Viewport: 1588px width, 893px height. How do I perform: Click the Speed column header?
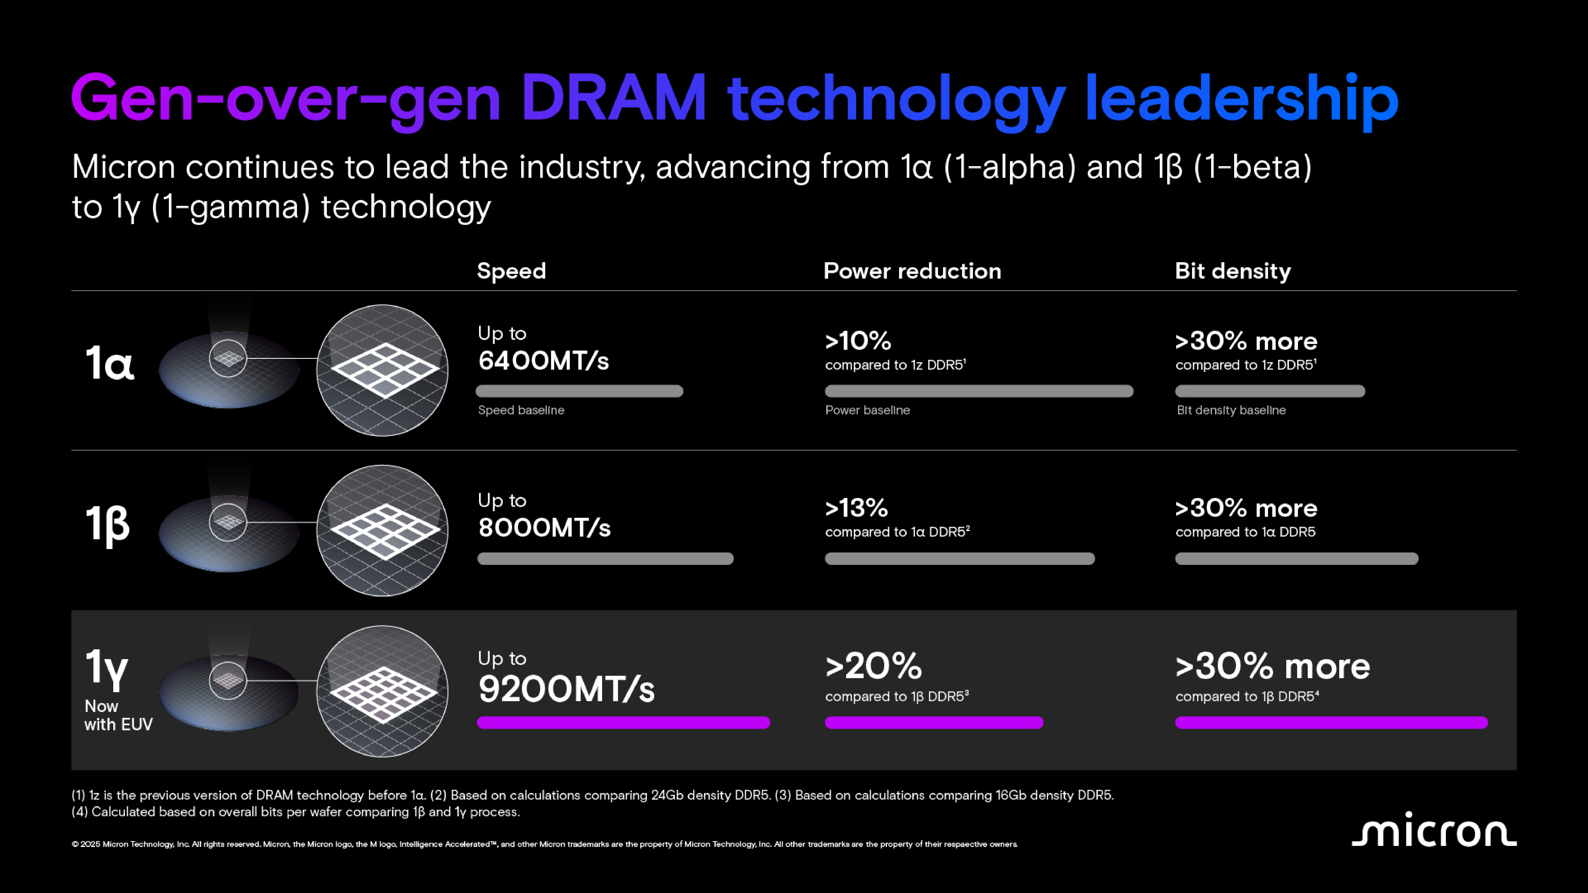[511, 271]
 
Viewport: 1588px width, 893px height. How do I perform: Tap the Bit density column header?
[1232, 271]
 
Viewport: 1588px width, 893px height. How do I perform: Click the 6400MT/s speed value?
[543, 361]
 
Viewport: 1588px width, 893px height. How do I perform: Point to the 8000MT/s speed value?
[544, 528]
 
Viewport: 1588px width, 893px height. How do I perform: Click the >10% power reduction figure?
[858, 341]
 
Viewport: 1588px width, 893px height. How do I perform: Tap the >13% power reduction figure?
[856, 508]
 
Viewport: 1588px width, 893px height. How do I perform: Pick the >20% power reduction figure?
[873, 666]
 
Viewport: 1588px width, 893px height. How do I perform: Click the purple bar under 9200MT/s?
[623, 723]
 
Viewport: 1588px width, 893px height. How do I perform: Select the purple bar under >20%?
[933, 723]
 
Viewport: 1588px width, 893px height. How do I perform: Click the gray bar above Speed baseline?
[579, 391]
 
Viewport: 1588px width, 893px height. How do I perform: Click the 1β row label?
[107, 524]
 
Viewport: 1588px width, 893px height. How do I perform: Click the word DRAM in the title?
[613, 99]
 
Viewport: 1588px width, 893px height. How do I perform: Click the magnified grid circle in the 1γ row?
[382, 691]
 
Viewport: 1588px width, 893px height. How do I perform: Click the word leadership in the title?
[1240, 99]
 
